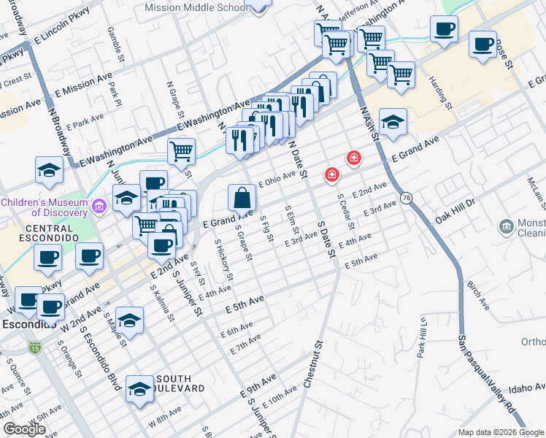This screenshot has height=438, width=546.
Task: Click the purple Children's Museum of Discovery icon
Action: click(x=100, y=206)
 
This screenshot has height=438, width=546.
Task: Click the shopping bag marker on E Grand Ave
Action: click(x=242, y=197)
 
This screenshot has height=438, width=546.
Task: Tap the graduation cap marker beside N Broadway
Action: click(x=49, y=171)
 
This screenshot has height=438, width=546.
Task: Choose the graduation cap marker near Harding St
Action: click(x=393, y=121)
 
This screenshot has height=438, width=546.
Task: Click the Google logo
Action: click(x=24, y=429)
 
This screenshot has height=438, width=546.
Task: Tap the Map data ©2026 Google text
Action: click(x=501, y=432)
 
